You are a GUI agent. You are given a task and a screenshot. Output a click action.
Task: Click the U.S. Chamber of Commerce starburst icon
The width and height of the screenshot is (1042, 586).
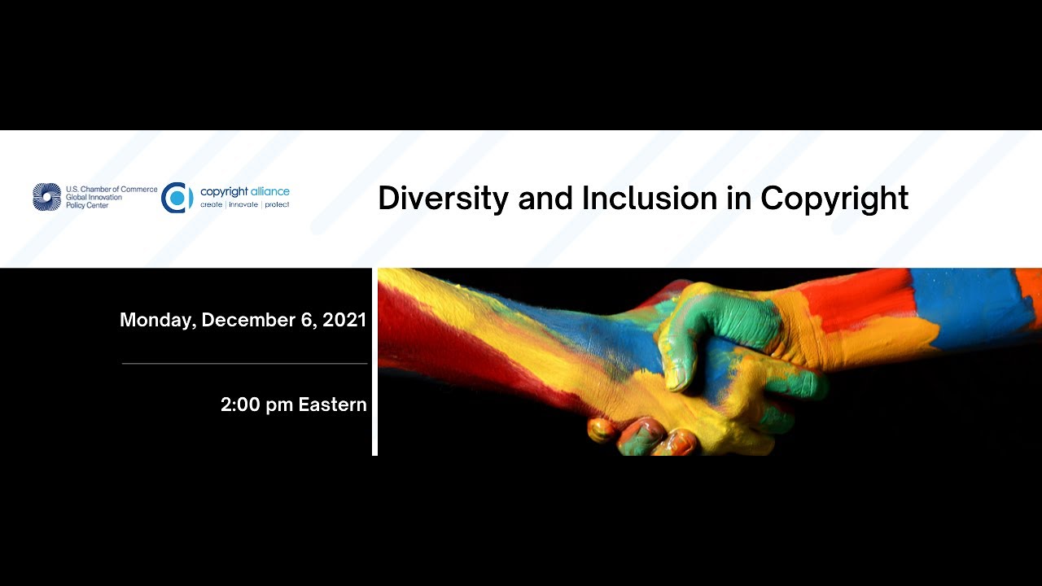[x=47, y=197]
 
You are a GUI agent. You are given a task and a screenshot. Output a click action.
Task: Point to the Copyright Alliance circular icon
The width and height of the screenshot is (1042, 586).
[x=177, y=198]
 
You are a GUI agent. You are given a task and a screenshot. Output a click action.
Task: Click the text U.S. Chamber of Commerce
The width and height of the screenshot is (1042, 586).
[x=112, y=189]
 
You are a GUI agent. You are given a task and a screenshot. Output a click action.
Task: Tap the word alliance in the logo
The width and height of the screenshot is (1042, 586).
[x=269, y=191]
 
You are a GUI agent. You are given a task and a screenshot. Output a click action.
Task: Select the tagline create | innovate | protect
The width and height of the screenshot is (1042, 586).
[x=245, y=205]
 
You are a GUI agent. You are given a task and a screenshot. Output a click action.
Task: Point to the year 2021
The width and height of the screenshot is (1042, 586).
[x=344, y=320]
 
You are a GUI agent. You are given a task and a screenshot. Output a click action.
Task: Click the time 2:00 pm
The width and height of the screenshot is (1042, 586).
[x=256, y=405]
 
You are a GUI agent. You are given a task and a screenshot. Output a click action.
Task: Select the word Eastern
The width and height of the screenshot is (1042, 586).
[x=332, y=405]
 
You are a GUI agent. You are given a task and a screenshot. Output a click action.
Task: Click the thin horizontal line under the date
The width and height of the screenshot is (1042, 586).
[x=244, y=363]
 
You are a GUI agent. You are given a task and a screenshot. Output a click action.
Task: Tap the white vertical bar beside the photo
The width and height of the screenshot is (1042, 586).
[x=374, y=362]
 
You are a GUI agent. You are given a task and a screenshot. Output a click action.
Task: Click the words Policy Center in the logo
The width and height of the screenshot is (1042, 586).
[x=87, y=206]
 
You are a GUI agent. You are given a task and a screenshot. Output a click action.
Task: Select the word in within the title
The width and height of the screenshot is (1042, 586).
[x=740, y=199]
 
